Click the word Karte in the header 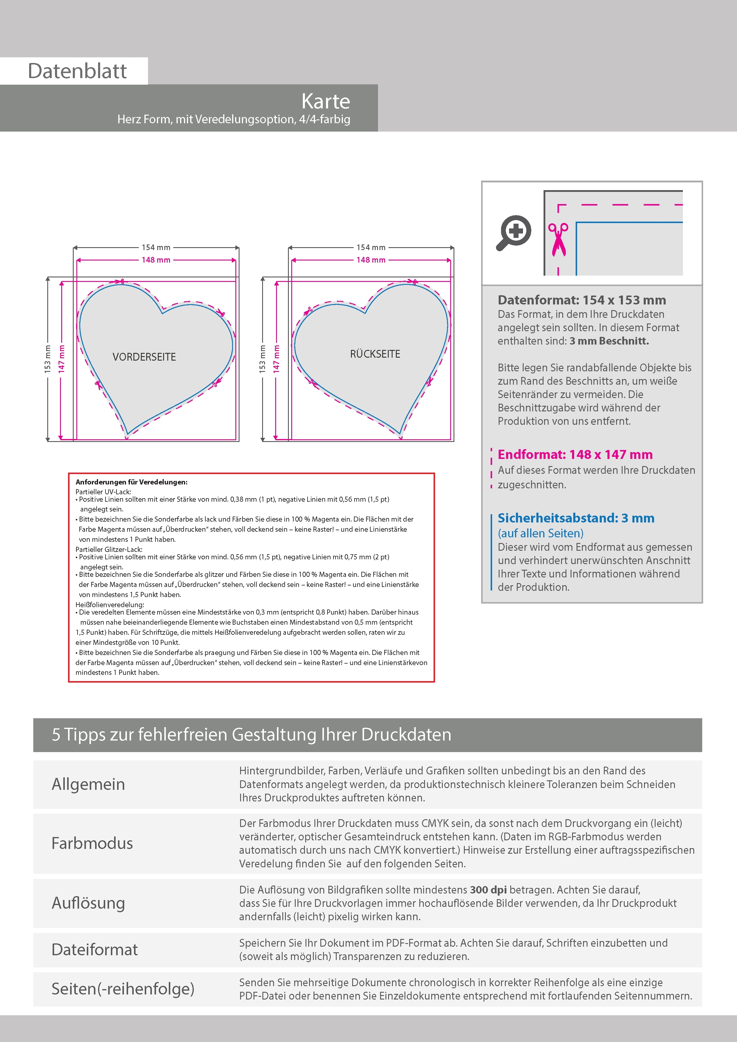(326, 101)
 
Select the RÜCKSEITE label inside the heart (375, 354)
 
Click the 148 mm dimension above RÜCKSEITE (371, 260)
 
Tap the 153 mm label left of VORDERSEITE (48, 359)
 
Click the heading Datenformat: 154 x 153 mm (582, 300)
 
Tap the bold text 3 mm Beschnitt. (609, 341)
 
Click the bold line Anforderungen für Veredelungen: (131, 482)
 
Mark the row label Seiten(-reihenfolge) (123, 989)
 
